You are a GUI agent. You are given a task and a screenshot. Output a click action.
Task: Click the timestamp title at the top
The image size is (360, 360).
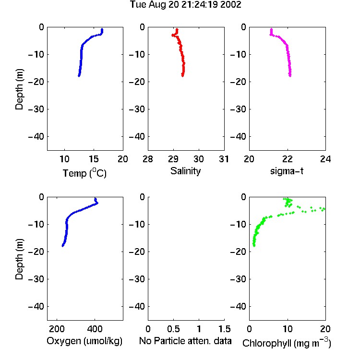[185, 5]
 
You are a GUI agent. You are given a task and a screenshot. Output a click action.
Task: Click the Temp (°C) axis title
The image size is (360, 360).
[84, 173]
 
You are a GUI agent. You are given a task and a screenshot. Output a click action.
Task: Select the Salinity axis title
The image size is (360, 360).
[185, 171]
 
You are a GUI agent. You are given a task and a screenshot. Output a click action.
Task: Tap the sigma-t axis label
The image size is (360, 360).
[287, 171]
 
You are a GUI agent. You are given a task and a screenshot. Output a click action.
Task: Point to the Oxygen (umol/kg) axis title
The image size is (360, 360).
[84, 341]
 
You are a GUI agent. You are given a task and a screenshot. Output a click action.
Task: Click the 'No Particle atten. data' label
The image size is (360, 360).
[185, 341]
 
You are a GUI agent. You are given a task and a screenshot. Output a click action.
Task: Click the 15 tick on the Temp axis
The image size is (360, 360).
[94, 159]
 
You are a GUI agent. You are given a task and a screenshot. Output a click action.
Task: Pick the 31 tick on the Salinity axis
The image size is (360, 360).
[224, 159]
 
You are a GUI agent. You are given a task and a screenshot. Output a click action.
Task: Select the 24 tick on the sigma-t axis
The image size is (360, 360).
[325, 159]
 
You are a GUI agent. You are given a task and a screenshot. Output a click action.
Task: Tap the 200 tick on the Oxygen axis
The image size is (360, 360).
[57, 329]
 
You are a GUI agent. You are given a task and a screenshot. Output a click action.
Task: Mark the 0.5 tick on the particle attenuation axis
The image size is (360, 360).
[173, 329]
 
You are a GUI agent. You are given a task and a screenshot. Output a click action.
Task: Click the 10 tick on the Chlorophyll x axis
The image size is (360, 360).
[288, 329]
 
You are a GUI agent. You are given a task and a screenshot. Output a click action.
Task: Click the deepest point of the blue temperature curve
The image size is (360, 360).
[79, 75]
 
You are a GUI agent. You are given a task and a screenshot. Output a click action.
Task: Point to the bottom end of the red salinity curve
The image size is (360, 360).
[182, 75]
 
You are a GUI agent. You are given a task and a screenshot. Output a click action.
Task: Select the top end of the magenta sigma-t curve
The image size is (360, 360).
[271, 29]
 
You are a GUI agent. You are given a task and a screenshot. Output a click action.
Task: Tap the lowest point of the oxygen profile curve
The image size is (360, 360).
[63, 246]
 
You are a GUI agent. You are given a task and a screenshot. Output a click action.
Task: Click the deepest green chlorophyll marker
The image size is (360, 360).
[254, 246]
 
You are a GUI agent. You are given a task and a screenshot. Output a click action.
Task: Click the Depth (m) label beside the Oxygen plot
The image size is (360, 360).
[19, 259]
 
